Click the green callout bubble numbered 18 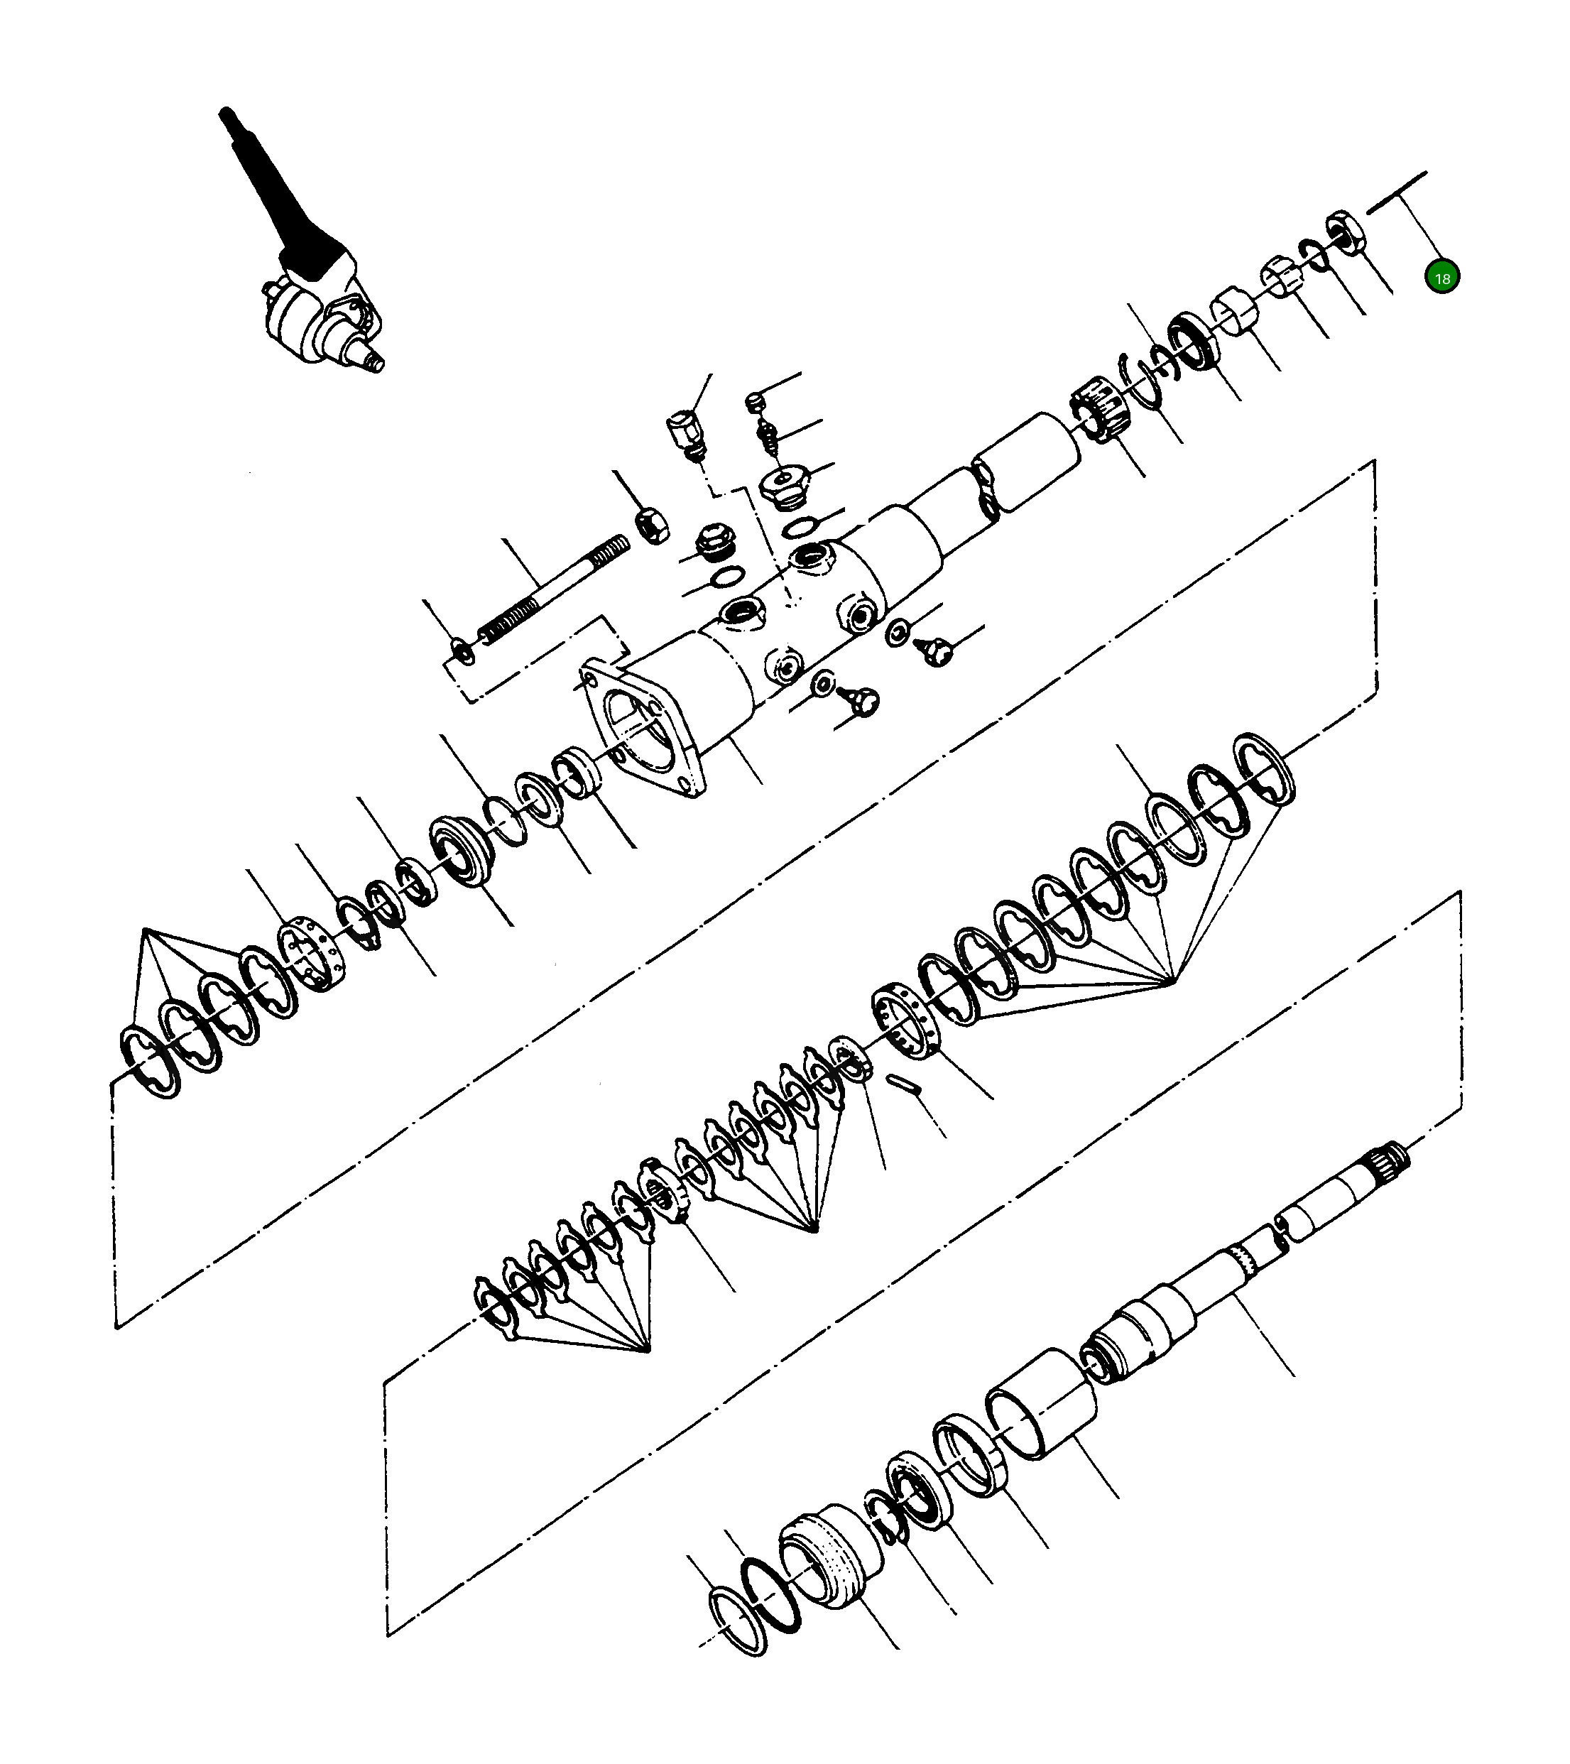(x=1441, y=278)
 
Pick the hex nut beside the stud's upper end (x=653, y=525)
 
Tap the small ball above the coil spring (x=756, y=401)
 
